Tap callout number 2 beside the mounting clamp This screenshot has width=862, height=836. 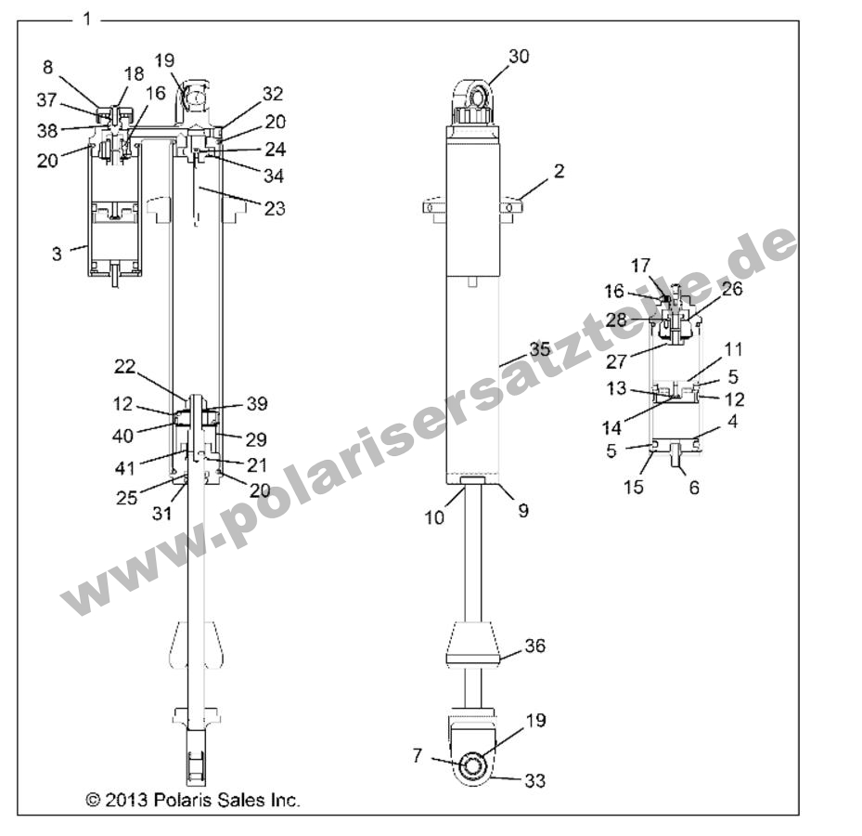coord(559,172)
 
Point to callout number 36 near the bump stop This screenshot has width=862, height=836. coord(535,646)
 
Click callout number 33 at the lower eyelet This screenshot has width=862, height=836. coord(534,781)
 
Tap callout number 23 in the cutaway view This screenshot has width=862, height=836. coord(274,208)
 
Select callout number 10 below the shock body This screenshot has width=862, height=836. coord(435,517)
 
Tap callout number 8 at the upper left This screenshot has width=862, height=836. coord(48,67)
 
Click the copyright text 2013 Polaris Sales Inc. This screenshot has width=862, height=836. coord(193,800)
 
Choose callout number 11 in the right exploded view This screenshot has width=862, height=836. coord(733,349)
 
